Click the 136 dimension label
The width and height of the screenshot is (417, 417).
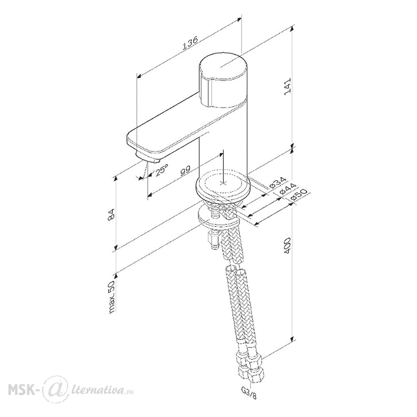pos(190,43)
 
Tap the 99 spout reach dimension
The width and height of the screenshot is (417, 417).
pos(186,171)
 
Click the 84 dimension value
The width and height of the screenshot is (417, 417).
pos(111,214)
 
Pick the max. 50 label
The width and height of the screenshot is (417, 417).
pos(112,296)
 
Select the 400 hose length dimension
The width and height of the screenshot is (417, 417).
pos(288,245)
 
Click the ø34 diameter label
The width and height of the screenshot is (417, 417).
pos(277,183)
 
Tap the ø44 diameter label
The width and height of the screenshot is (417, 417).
pos(289,189)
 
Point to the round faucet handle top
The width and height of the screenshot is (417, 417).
pos(224,66)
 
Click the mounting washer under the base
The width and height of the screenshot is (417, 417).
pos(219,218)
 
